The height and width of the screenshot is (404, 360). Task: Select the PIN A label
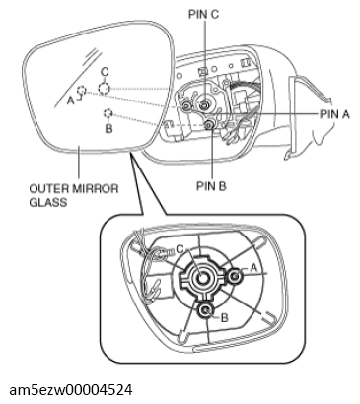click(333, 113)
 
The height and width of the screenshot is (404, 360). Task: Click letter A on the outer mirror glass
click(70, 100)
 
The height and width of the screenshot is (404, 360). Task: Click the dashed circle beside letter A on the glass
click(83, 91)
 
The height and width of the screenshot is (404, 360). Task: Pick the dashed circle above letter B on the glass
click(107, 114)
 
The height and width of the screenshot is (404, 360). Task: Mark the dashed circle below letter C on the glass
click(105, 87)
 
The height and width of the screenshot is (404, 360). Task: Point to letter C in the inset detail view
click(180, 250)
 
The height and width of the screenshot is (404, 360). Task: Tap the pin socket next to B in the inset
click(205, 311)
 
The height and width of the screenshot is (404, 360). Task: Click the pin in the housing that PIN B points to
click(212, 125)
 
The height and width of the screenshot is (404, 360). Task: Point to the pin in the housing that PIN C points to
click(203, 104)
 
